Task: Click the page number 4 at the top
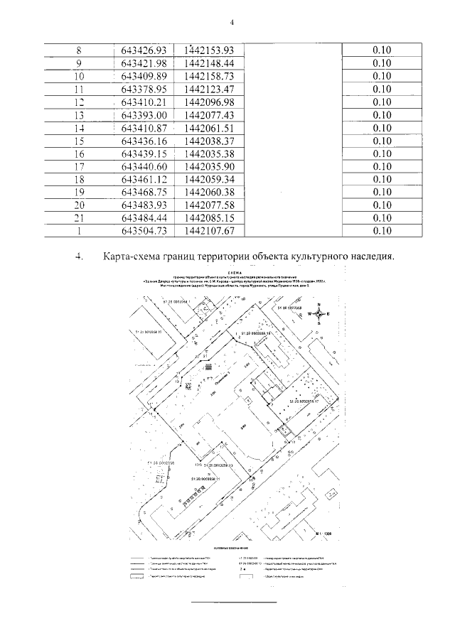[231, 22]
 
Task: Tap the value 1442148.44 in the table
[209, 63]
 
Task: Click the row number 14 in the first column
[79, 128]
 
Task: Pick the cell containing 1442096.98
[209, 102]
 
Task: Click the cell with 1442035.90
[209, 166]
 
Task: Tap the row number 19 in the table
[79, 192]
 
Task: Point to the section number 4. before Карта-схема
[80, 256]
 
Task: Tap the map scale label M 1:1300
[323, 531]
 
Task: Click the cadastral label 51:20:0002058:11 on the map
[206, 479]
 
